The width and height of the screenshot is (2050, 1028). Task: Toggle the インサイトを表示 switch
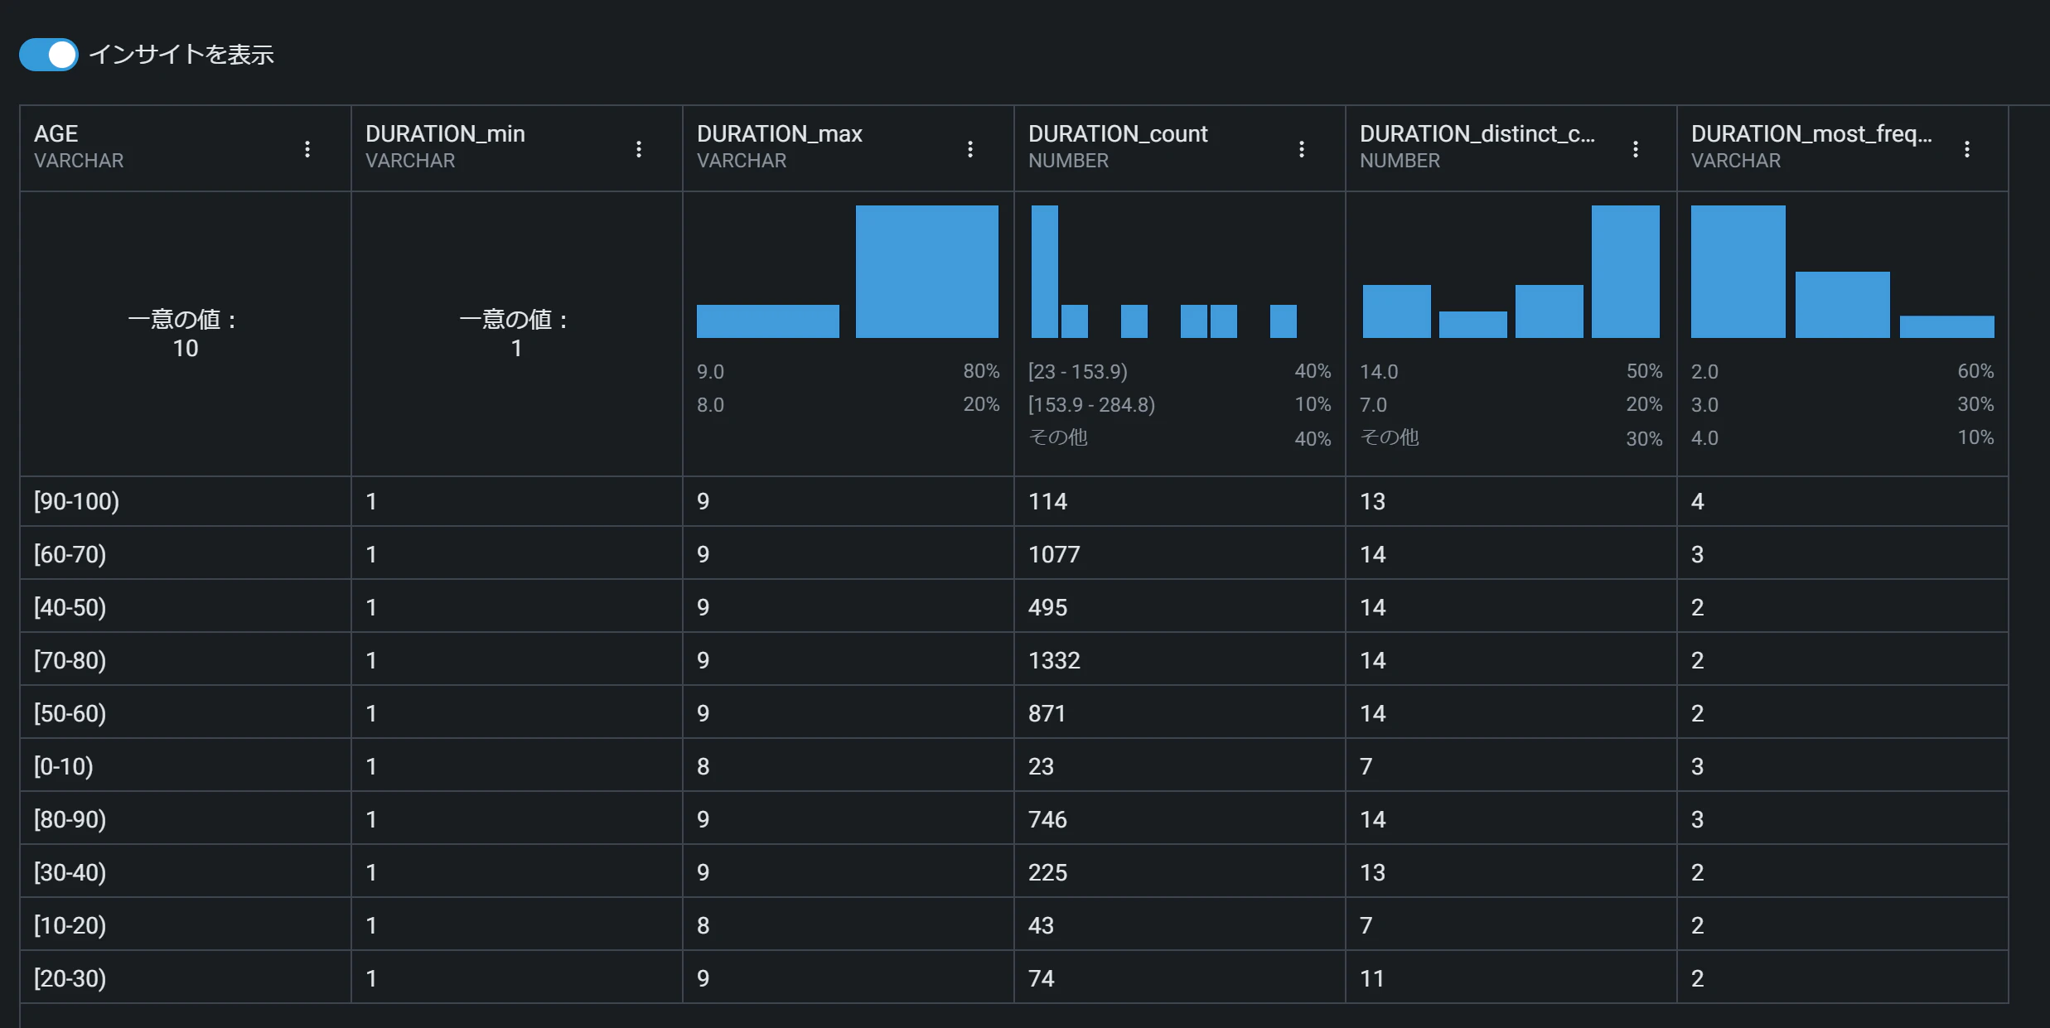click(x=49, y=55)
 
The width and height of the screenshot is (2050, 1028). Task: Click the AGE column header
click(x=56, y=133)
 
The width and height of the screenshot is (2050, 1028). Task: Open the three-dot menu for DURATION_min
click(x=639, y=149)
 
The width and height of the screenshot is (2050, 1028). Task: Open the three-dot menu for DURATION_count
click(x=1302, y=149)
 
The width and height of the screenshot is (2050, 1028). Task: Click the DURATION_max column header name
click(x=780, y=133)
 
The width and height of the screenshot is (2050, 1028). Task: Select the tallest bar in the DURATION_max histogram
click(x=927, y=272)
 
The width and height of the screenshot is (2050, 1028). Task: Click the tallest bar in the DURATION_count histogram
click(x=1045, y=272)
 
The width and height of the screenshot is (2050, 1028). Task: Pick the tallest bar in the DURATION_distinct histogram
click(x=1626, y=272)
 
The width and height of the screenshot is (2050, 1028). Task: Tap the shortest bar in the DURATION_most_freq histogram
click(x=1947, y=326)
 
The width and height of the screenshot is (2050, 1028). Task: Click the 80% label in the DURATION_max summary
click(x=981, y=371)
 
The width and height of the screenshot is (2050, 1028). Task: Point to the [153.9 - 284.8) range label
click(x=1092, y=404)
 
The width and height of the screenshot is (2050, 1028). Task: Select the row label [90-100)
click(x=76, y=501)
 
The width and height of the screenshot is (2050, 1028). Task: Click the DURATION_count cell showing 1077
click(x=1054, y=554)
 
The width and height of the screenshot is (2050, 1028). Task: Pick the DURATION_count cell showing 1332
click(x=1054, y=660)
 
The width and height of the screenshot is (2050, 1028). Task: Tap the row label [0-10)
click(x=63, y=766)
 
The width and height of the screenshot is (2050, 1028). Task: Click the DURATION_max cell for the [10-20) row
click(x=703, y=925)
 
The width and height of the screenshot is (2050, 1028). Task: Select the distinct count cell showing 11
click(x=1372, y=978)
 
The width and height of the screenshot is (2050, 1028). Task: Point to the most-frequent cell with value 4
click(x=1697, y=501)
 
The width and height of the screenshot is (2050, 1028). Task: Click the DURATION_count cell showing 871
click(x=1047, y=713)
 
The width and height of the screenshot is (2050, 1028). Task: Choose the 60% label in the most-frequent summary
click(x=1975, y=371)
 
